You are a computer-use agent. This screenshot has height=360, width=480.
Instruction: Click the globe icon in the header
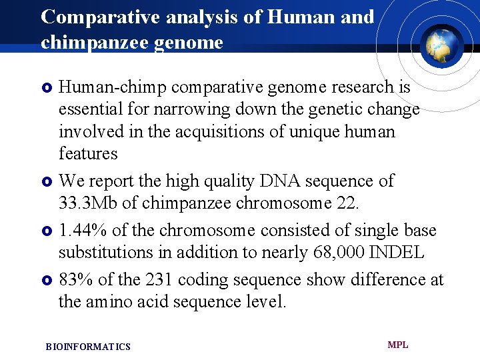click(441, 45)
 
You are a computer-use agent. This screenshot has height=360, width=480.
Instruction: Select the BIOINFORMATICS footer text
click(88, 347)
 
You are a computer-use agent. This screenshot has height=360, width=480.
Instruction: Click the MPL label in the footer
click(398, 345)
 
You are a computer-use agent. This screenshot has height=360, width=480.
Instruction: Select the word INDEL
click(399, 253)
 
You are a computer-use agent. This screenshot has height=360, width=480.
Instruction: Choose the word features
click(88, 153)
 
